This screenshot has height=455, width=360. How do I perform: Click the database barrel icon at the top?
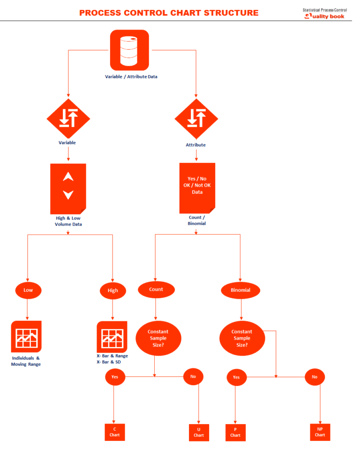(129, 50)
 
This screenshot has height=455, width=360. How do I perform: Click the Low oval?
(28, 290)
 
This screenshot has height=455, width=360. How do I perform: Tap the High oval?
(113, 290)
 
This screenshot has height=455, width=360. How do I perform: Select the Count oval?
(156, 289)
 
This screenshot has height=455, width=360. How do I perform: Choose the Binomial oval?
(241, 290)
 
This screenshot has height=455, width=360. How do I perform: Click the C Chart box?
(115, 432)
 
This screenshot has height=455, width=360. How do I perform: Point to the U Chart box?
(199, 432)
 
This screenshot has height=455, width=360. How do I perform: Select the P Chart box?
(235, 432)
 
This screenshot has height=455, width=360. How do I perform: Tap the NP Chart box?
(320, 432)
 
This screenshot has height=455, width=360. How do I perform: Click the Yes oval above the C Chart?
(114, 376)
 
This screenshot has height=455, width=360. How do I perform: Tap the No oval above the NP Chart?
(315, 377)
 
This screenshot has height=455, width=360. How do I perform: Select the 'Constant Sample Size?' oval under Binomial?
(241, 338)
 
